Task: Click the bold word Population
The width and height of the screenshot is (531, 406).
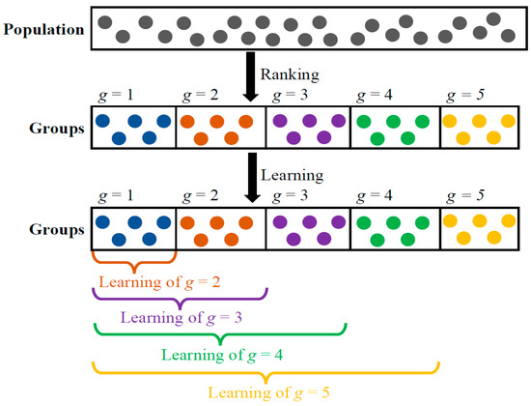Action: point(44,29)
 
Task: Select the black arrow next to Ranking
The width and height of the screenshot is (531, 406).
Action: point(252,77)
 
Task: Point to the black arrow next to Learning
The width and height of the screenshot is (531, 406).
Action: point(252,182)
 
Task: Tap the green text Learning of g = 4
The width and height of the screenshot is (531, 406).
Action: point(221,355)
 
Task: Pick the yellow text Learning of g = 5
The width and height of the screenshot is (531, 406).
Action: point(265,391)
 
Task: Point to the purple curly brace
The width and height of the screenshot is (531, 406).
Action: point(180,298)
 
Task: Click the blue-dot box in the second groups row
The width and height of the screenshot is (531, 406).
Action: point(133,230)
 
